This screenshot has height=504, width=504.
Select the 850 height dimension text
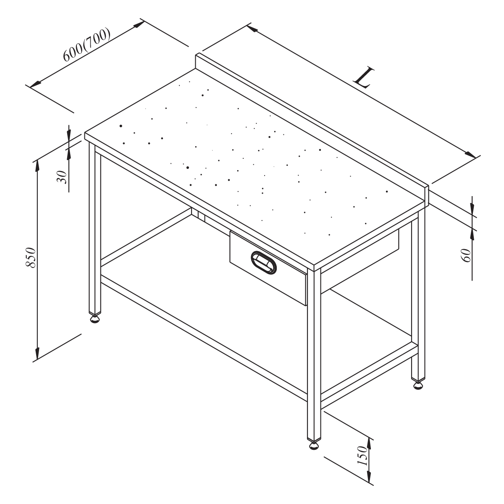point(31,257)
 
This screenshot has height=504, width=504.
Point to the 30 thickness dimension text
point(62,177)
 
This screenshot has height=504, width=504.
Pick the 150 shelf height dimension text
point(362,456)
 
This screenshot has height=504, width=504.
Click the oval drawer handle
point(263,262)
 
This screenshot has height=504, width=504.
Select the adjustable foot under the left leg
point(94,319)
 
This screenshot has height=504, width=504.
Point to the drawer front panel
point(268,268)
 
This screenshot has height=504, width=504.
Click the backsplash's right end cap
point(426,194)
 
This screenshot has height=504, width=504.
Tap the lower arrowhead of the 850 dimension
point(37,353)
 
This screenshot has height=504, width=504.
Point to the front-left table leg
point(94,229)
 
